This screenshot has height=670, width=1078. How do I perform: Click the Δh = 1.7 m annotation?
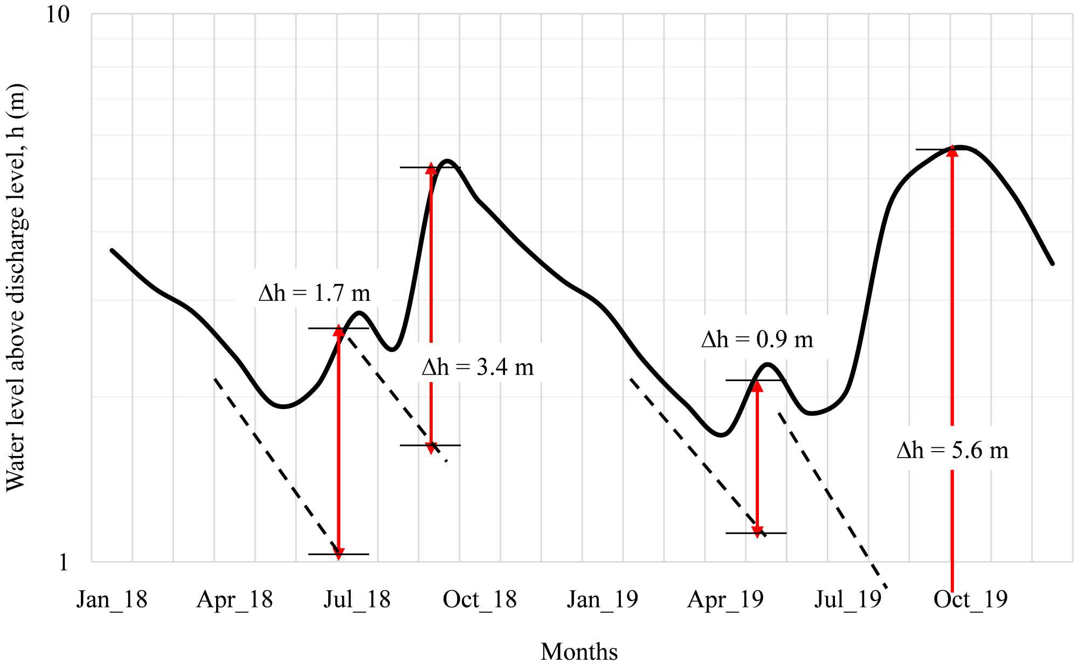point(314,293)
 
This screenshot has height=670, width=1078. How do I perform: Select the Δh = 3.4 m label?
point(478,368)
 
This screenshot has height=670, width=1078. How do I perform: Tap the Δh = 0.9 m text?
point(757,340)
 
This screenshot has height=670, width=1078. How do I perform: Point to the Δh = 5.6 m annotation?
point(952,450)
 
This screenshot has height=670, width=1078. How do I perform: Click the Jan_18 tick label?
point(112,599)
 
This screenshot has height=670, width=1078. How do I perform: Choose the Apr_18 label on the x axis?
point(234,599)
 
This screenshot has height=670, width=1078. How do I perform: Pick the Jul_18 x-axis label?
point(357,599)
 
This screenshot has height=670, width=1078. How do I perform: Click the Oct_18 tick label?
point(480,599)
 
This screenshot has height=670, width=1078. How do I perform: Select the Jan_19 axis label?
point(602,599)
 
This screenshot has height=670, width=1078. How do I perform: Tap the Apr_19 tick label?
point(725,599)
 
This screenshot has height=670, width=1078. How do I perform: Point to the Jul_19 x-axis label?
point(847,599)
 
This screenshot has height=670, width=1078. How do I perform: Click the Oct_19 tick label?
point(970,599)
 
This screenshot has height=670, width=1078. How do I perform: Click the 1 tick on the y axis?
point(64,562)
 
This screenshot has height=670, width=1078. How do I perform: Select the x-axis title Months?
point(579,652)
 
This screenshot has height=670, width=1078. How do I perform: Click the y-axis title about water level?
point(16,287)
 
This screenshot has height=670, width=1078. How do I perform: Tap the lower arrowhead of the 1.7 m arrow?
point(338,554)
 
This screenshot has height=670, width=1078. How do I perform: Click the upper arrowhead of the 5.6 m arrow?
point(952,150)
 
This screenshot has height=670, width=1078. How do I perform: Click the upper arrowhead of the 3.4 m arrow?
point(431,168)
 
